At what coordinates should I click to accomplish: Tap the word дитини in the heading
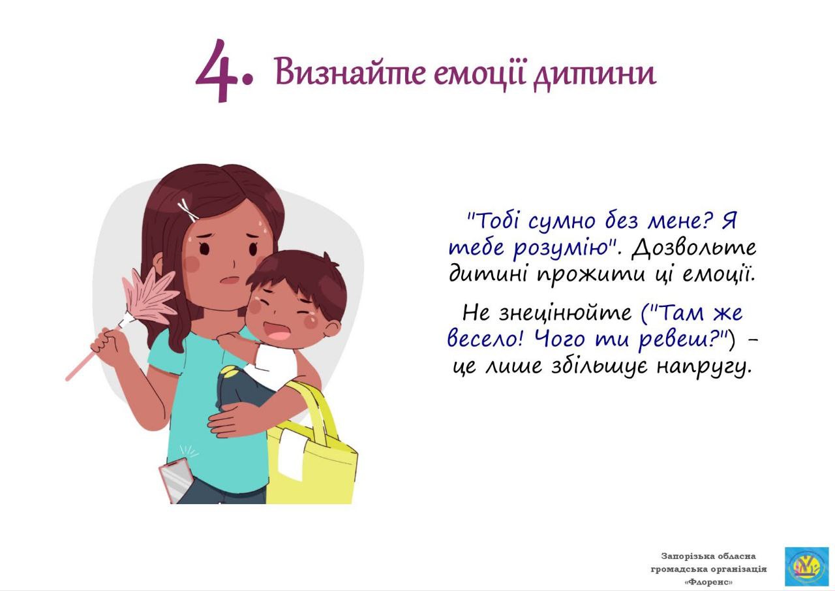click(594, 74)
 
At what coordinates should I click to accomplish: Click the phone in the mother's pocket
click(175, 481)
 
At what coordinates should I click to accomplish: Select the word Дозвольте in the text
click(693, 248)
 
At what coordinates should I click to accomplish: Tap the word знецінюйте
click(564, 313)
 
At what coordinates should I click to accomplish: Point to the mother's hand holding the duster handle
click(108, 342)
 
